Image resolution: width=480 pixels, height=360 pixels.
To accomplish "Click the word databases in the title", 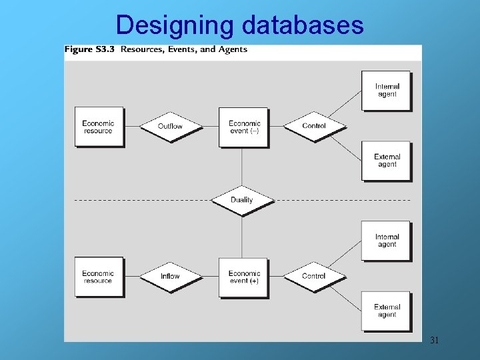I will [303, 25].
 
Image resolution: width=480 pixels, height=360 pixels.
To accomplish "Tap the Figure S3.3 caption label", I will [90, 49].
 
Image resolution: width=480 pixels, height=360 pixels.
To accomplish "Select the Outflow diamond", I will [170, 126].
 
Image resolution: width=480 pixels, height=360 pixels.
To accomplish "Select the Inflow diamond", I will [170, 276].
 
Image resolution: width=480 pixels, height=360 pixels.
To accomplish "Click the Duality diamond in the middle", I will [242, 200].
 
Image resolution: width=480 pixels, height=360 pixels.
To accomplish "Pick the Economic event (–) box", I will [244, 127].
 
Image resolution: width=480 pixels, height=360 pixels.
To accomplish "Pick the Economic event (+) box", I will [244, 277].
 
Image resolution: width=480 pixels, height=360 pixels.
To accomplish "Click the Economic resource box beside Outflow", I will [99, 127].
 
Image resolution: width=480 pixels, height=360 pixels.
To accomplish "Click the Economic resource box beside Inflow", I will [99, 277].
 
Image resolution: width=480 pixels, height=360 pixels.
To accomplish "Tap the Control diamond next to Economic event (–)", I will [314, 126].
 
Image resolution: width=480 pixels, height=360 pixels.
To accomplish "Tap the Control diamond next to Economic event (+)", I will [314, 276].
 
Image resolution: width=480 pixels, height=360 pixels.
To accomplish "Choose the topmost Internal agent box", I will [386, 91].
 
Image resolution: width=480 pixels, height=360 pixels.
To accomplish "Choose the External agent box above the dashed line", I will [387, 161].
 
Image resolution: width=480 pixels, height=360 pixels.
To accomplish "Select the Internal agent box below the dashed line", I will [387, 241].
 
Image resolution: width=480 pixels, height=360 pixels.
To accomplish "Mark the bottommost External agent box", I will [387, 311].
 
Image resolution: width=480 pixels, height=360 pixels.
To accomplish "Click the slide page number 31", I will [434, 341].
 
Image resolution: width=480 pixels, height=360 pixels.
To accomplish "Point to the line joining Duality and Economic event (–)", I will [242, 167].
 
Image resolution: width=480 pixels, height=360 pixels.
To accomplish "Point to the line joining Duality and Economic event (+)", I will [242, 237].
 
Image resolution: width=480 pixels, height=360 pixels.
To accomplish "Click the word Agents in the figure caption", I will [233, 49].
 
